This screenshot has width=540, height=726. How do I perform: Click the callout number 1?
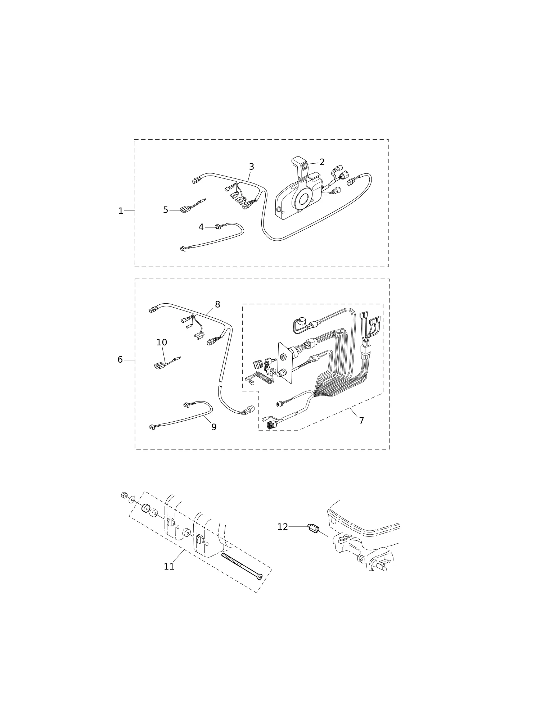121,211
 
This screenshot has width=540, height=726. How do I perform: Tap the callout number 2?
322,162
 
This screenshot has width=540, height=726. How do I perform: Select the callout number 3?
251,167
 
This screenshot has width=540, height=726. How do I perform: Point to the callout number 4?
201,227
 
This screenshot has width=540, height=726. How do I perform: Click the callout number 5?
165,210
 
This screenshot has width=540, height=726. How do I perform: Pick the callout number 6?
120,360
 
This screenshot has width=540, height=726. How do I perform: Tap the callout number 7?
361,421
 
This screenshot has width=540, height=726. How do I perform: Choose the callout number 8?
217,305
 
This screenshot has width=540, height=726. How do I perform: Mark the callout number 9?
214,427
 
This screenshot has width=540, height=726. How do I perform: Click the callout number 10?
162,342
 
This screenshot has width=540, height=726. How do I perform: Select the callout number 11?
169,567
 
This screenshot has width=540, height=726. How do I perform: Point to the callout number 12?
283,527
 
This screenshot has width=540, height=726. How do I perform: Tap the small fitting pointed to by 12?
314,528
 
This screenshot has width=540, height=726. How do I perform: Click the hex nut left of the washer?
124,495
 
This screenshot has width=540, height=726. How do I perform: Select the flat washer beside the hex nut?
132,500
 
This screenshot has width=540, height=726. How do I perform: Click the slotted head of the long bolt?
258,577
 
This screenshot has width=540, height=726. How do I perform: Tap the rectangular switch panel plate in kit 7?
285,363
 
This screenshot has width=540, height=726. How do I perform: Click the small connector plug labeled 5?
185,209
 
